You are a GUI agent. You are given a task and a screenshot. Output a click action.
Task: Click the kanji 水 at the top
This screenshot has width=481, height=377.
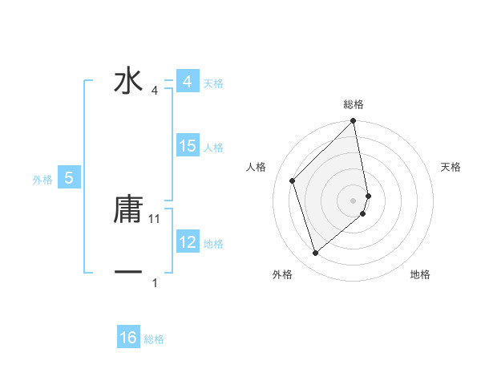point(128,83)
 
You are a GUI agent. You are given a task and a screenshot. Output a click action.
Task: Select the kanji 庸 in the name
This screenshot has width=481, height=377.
point(128,210)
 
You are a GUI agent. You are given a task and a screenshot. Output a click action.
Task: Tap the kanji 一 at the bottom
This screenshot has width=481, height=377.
point(128,273)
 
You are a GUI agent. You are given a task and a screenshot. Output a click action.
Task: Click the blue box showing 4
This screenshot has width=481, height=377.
point(187,83)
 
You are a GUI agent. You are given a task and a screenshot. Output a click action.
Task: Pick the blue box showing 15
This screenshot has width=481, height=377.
point(188,146)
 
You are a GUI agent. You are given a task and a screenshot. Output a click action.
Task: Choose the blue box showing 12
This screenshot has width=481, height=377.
point(188,242)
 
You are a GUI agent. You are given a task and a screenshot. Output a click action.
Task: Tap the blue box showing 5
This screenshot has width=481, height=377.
point(69,178)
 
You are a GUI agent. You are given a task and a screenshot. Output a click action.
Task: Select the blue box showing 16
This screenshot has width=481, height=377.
point(128,338)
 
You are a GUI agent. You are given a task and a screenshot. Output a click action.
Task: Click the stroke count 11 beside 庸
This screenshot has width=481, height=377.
point(155,218)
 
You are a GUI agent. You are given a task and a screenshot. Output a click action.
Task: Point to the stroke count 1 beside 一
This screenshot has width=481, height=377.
point(155,282)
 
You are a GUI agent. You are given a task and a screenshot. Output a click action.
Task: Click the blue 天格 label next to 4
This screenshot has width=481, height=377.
point(213,83)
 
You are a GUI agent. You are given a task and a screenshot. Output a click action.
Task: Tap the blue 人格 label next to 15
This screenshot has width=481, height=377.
point(213,148)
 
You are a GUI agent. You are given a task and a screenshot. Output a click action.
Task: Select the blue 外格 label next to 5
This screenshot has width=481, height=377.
point(42,180)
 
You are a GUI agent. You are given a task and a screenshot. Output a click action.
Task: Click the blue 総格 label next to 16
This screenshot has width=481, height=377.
point(154,339)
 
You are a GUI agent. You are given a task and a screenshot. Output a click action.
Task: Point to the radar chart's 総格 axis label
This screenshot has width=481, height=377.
point(354,104)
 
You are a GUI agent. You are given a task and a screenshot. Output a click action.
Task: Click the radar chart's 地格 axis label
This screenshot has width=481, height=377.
point(420,275)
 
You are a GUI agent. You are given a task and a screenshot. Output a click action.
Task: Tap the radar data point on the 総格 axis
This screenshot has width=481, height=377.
point(354,122)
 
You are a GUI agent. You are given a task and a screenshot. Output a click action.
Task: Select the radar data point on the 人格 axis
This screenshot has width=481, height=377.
point(293,180)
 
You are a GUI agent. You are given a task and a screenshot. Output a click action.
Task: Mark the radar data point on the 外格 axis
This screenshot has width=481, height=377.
point(315,253)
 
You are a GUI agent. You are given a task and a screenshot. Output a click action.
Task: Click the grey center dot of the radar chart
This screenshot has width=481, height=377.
point(354,200)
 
